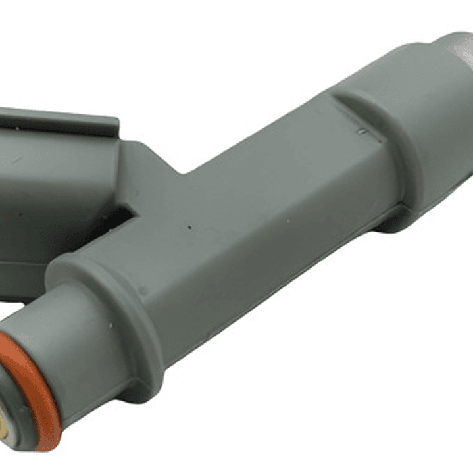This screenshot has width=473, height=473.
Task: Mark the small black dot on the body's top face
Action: tap(189, 228)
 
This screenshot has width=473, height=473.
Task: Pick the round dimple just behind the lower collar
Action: tap(143, 289)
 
